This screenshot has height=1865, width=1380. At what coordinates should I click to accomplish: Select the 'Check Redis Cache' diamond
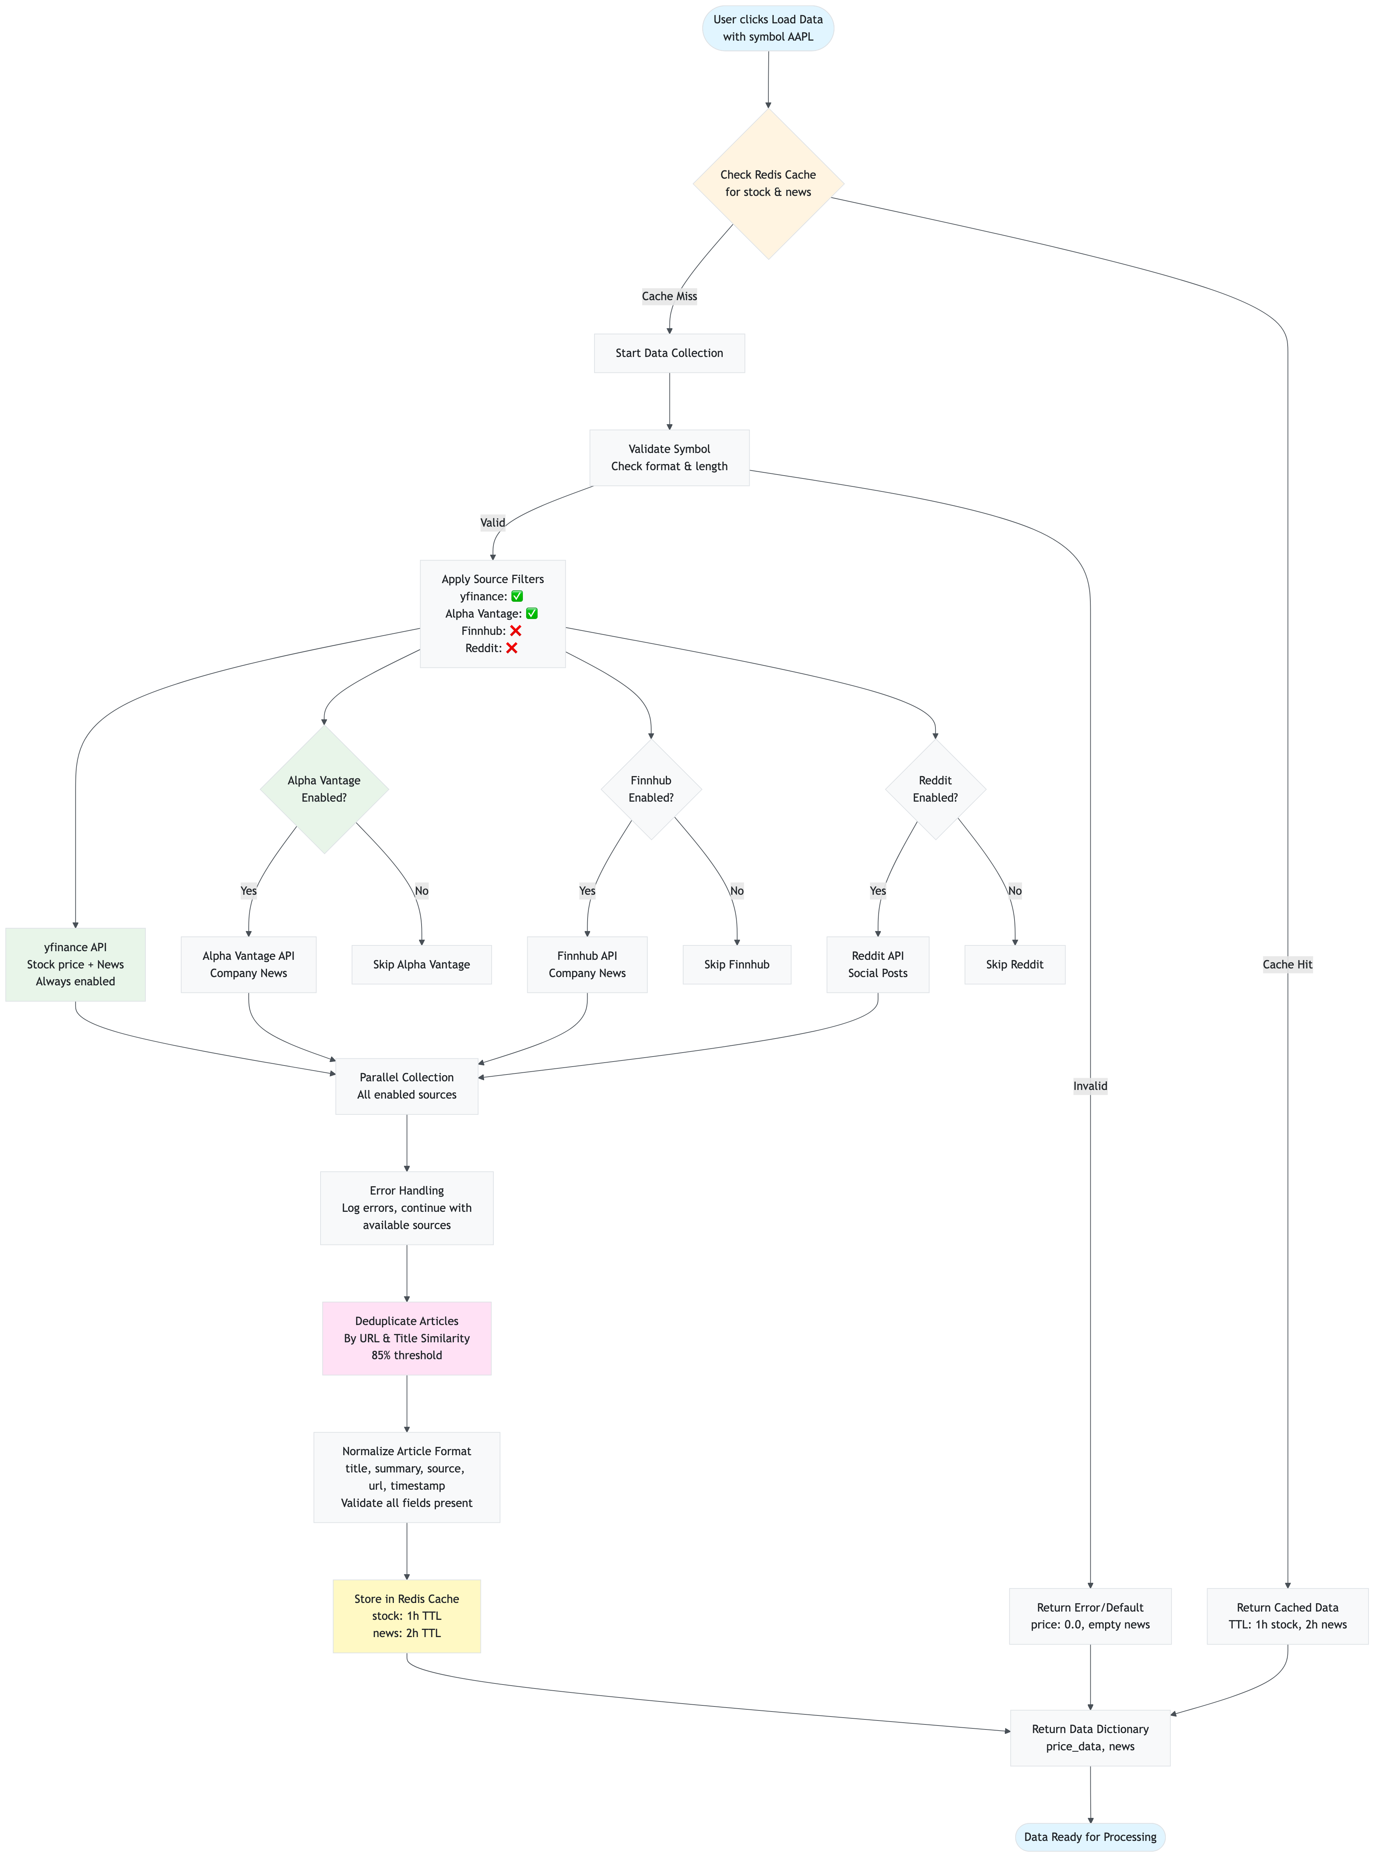pyautogui.click(x=768, y=184)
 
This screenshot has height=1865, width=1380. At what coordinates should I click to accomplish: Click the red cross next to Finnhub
pyautogui.click(x=515, y=631)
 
